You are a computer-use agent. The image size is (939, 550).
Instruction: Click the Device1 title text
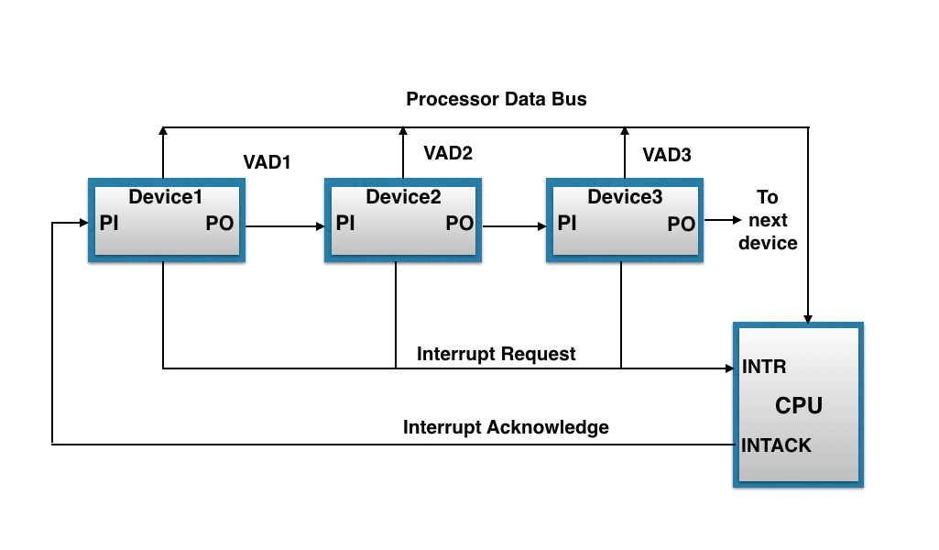point(165,196)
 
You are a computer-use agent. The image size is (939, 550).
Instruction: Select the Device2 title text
point(403,196)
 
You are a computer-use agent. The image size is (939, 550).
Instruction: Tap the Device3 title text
point(625,196)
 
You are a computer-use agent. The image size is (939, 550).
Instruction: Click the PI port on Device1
point(109,223)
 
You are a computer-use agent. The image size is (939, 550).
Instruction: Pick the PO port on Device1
point(220,224)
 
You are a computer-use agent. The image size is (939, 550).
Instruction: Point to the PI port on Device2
point(345,223)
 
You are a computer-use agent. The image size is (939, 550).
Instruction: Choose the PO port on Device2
point(460,224)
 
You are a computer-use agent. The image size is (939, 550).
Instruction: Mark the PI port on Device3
point(567,223)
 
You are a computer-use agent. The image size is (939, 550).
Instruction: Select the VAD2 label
point(448,153)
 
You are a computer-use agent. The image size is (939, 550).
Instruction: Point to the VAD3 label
point(666,155)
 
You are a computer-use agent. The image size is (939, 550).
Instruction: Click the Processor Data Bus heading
point(497,99)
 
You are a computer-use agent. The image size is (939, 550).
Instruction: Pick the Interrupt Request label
point(497,354)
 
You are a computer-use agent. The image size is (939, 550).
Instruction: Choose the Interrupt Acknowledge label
point(506,427)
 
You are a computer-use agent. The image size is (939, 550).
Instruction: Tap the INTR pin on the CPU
point(764,368)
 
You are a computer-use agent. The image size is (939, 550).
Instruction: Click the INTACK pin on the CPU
point(776,445)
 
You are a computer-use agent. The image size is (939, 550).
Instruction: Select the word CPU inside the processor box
point(799,405)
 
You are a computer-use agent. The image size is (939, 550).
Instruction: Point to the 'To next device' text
point(768,220)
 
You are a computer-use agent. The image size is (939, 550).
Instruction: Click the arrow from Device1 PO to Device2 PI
point(284,225)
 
